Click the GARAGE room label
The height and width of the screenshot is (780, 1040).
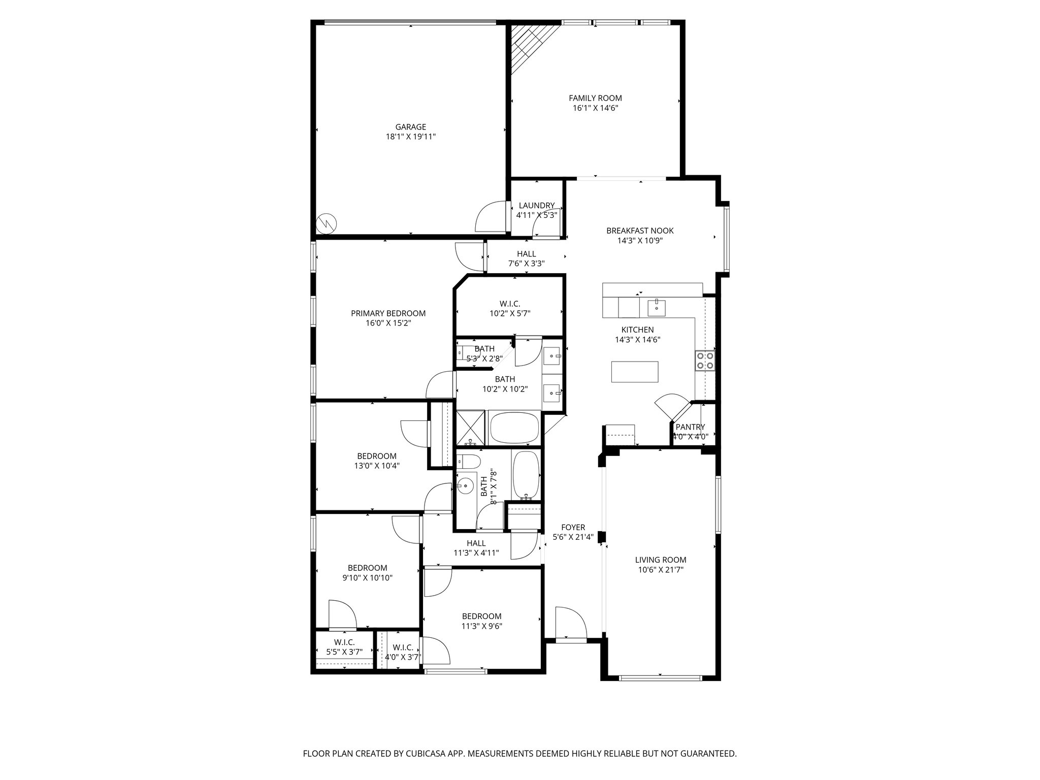pos(410,127)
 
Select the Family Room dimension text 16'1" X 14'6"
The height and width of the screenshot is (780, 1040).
pos(595,108)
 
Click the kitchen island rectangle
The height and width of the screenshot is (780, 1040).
pos(635,371)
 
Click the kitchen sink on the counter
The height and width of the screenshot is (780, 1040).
pos(656,307)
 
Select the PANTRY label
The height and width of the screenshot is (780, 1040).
pos(690,427)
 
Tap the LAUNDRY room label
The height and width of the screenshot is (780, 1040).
pos(537,206)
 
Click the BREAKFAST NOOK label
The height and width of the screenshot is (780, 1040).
pos(640,231)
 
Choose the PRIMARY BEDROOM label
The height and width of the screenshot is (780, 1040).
pos(388,313)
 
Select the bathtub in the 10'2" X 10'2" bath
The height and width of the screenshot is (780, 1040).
pos(513,428)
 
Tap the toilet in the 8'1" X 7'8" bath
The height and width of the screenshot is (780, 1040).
pos(468,462)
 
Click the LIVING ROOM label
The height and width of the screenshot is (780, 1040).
pos(660,560)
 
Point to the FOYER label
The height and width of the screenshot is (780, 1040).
pos(573,527)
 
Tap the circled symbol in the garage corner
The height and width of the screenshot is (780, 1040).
pos(326,222)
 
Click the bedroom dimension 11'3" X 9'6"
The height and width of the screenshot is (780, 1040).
pos(481,626)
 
